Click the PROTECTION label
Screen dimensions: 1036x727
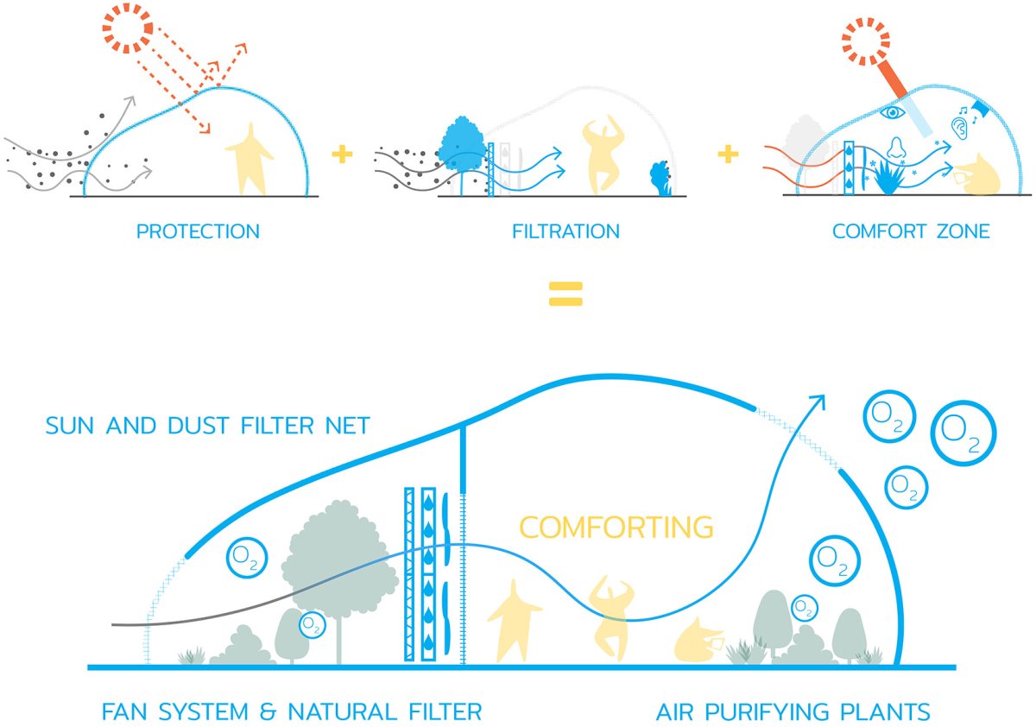pos(198,231)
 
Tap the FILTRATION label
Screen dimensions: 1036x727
pos(565,231)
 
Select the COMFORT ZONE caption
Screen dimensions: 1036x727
pos(911,231)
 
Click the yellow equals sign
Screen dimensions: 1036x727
pos(565,294)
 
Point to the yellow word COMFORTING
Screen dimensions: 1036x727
pos(616,527)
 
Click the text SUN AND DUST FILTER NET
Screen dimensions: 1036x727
pos(208,426)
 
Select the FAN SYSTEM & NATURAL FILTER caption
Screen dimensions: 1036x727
pos(292,711)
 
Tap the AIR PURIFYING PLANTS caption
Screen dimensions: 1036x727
pos(793,711)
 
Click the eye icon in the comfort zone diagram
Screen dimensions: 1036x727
pos(892,112)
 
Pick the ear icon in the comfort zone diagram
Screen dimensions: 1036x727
pos(959,128)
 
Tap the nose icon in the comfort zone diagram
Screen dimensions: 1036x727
pos(897,148)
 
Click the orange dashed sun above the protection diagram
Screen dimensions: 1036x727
pos(127,28)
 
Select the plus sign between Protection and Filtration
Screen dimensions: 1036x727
pos(342,154)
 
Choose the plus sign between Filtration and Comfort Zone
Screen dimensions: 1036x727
pos(728,154)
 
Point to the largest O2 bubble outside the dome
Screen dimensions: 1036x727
pos(963,433)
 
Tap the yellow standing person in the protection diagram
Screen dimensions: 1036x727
pos(250,159)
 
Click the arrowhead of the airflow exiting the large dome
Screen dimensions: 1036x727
pos(818,401)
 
